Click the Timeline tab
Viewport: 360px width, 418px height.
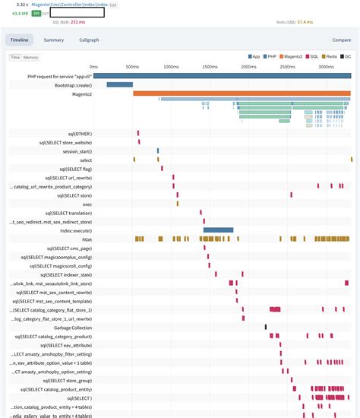point(20,40)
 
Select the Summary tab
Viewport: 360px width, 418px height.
point(53,40)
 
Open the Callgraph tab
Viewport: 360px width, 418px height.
point(89,40)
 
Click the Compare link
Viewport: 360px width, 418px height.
point(341,40)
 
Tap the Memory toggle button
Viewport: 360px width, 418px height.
point(31,57)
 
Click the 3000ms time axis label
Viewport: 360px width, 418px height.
point(326,67)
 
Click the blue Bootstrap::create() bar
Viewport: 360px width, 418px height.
point(119,85)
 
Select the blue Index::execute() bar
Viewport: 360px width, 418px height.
point(218,230)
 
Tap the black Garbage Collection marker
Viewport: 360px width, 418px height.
point(266,327)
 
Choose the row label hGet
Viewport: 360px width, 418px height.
point(86,239)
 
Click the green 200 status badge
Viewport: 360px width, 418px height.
point(35,13)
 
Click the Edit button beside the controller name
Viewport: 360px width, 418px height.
point(113,5)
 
